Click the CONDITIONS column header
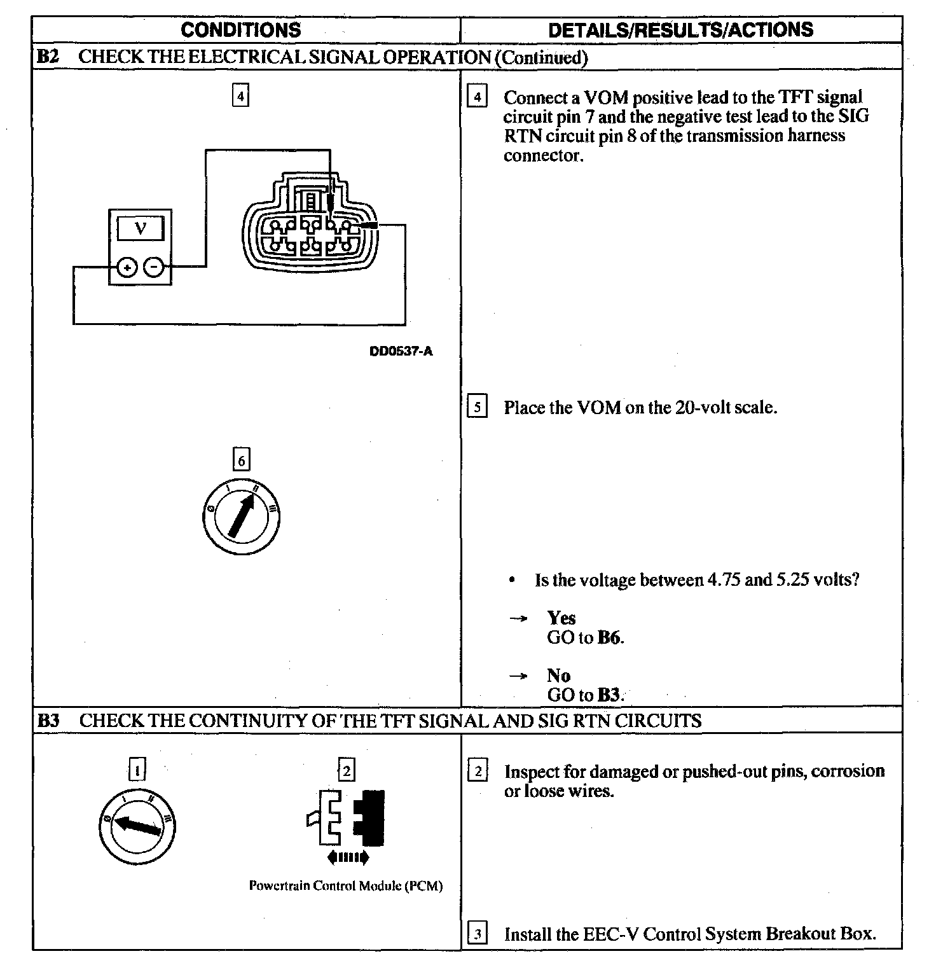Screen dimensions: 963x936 (240, 30)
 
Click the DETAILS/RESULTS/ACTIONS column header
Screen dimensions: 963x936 (680, 30)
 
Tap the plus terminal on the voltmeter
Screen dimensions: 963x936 (127, 268)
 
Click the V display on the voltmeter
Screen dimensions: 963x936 (141, 228)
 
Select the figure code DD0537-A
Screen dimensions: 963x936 (401, 351)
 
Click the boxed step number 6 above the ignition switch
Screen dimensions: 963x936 (241, 459)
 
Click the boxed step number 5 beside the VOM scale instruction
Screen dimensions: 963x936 (477, 406)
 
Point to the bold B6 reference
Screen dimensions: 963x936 (609, 637)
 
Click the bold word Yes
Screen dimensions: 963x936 (561, 618)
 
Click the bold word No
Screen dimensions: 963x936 (558, 675)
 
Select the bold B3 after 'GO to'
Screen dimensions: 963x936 (609, 695)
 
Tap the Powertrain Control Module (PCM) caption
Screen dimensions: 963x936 (345, 885)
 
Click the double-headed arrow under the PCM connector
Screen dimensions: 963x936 (347, 858)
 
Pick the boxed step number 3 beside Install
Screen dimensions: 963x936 (477, 934)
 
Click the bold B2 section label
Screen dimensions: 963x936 (48, 57)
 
